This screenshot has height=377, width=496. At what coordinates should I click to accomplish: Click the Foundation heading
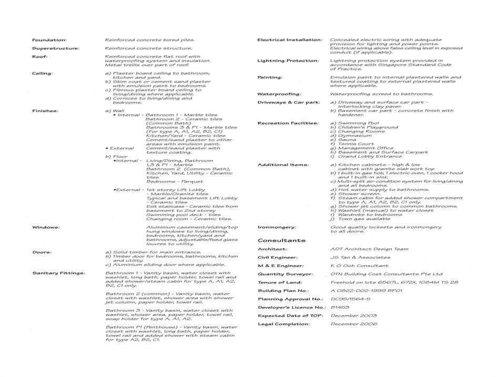(x=49, y=40)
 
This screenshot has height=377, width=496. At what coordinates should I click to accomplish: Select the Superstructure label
(x=56, y=48)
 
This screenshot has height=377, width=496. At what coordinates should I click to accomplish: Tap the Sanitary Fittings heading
(x=58, y=273)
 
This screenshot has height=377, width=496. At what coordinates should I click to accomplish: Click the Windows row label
(x=46, y=228)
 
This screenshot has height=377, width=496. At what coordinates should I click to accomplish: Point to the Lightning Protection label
(x=288, y=61)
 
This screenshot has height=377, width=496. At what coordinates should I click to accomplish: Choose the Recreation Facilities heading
(x=288, y=123)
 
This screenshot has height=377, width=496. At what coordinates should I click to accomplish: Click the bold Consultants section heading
(x=281, y=240)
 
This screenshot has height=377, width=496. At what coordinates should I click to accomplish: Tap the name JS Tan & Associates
(x=360, y=258)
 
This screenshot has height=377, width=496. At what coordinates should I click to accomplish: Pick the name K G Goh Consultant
(x=359, y=266)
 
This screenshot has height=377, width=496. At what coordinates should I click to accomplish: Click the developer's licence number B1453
(x=340, y=307)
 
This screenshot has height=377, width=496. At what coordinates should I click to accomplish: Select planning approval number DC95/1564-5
(x=350, y=299)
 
